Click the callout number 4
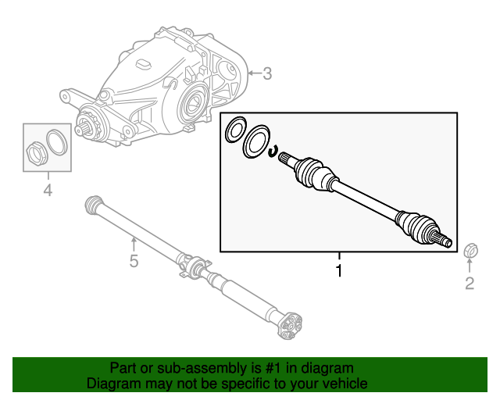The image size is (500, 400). pyautogui.click(x=48, y=190)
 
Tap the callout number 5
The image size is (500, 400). pyautogui.click(x=134, y=261)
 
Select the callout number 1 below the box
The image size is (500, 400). pyautogui.click(x=339, y=271)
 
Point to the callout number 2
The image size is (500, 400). pyautogui.click(x=470, y=284)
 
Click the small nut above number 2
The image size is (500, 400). pyautogui.click(x=470, y=251)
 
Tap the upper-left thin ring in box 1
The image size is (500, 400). pyautogui.click(x=235, y=130)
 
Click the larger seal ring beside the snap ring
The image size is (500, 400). pyautogui.click(x=255, y=144)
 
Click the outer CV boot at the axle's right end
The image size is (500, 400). pyautogui.click(x=415, y=224)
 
